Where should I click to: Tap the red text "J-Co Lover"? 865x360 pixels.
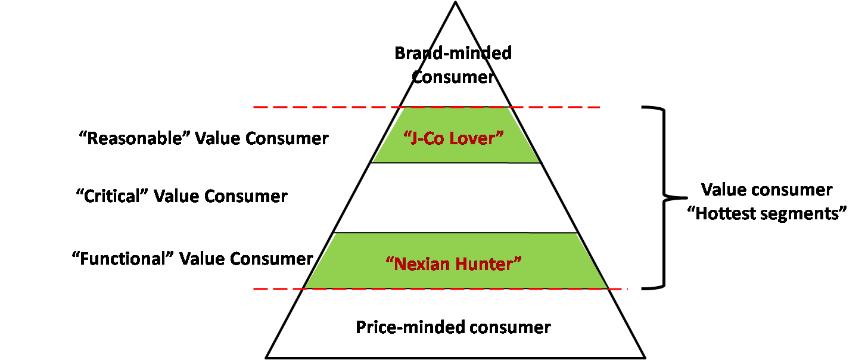454,138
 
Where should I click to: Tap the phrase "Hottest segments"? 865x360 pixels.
767,213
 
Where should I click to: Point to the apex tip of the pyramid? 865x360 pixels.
455,2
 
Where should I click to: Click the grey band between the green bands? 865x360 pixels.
456,197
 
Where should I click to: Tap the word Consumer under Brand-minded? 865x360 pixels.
453,77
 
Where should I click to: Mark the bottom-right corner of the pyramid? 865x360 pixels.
645,358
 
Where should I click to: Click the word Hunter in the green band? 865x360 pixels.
488,263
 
